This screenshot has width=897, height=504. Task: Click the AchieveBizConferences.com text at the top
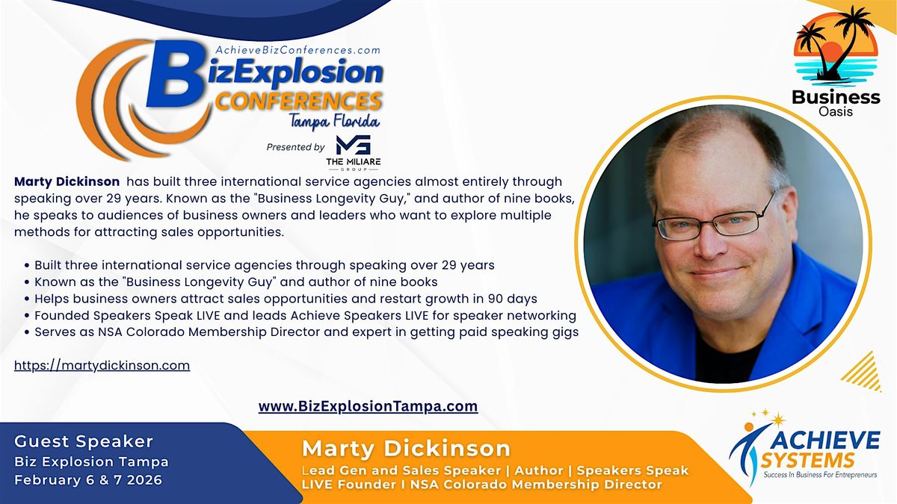click(x=298, y=50)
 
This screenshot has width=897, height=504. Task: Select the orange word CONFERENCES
click(x=298, y=102)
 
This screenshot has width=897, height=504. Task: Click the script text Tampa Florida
click(x=334, y=122)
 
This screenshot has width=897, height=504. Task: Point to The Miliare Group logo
click(x=353, y=153)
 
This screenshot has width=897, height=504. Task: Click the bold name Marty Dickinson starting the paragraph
click(x=67, y=181)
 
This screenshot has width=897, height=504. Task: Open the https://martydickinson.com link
click(x=102, y=365)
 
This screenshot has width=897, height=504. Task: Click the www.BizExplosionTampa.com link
click(x=368, y=406)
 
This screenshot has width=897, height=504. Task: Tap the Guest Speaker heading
click(x=84, y=441)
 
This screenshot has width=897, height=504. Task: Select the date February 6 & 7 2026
click(x=88, y=480)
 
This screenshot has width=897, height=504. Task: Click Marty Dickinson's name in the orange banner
click(x=406, y=449)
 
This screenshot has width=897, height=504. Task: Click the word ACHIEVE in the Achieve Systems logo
click(x=825, y=441)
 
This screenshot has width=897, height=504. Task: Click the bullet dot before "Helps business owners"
click(x=27, y=299)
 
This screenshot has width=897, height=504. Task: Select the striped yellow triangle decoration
click(x=864, y=372)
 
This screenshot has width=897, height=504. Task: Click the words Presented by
click(x=295, y=147)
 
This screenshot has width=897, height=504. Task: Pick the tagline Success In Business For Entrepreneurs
click(x=820, y=475)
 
